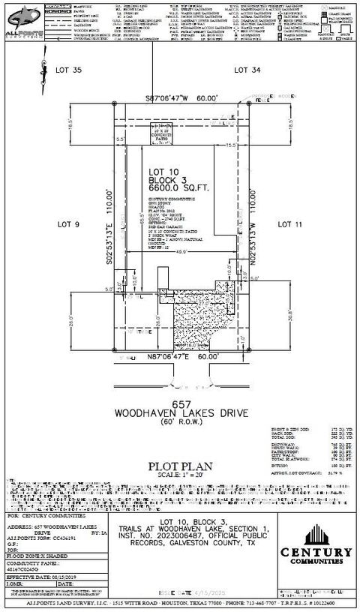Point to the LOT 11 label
289,223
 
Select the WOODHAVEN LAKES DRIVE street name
180,413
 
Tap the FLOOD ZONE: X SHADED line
37,557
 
